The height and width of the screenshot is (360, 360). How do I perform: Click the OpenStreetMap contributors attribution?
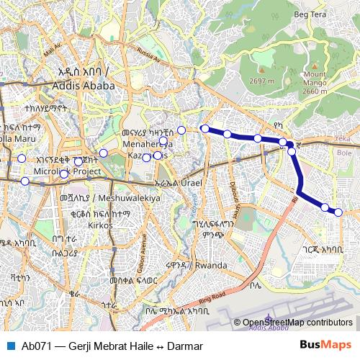pyautogui.click(x=297, y=323)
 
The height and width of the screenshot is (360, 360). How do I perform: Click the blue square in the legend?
pyautogui.click(x=9, y=346)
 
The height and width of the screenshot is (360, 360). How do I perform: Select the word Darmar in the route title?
pyautogui.click(x=184, y=346)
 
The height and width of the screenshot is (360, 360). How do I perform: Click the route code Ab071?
pyautogui.click(x=36, y=346)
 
